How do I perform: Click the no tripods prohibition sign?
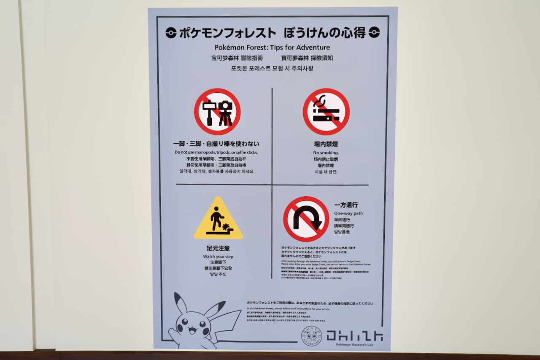pos(217,111)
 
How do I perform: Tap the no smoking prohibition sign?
pos(326,111)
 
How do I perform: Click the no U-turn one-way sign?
pos(306,219)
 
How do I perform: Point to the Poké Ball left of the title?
pos(171,32)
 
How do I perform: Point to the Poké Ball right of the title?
pos(374,32)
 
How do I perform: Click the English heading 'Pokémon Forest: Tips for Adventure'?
pos(272,47)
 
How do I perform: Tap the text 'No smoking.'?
pos(326,153)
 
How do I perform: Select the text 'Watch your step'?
pos(218,257)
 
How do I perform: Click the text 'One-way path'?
pos(348,213)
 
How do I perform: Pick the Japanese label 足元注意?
pos(218,248)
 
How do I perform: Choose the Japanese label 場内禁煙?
pos(326,144)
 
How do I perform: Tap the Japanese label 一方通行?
pos(346,205)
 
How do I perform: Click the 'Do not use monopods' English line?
pos(216,152)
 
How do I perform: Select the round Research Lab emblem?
pos(311,336)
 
